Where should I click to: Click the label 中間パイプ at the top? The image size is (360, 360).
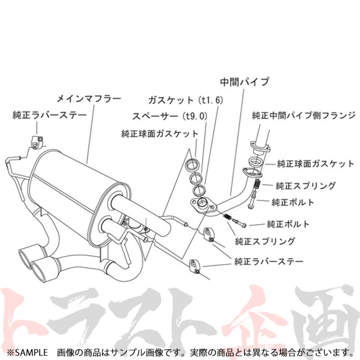click(x=244, y=82)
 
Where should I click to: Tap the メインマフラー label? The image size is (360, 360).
click(x=89, y=99)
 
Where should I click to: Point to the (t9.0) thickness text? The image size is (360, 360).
click(x=195, y=116)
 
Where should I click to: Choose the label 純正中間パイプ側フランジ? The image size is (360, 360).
click(x=304, y=116)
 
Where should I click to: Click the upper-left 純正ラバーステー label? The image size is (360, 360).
click(x=50, y=115)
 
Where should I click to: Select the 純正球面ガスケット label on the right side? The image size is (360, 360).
click(x=316, y=164)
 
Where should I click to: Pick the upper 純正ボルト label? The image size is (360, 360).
click(x=293, y=202)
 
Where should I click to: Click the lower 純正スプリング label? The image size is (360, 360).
click(x=265, y=241)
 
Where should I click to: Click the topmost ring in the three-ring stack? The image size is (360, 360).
click(x=192, y=165)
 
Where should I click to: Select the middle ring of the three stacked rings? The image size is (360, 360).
click(x=196, y=178)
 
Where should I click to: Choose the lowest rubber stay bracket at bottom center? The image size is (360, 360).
click(x=194, y=266)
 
